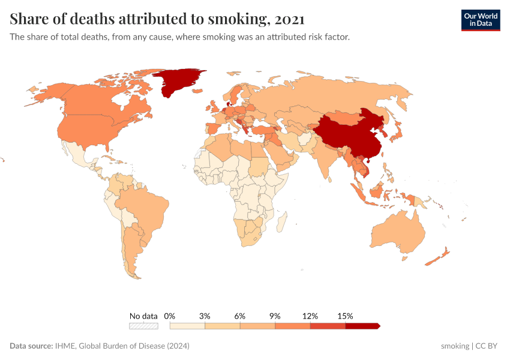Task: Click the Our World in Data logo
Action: click(481, 20)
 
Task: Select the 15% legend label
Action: click(346, 316)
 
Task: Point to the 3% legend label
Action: click(205, 316)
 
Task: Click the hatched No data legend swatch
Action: click(144, 326)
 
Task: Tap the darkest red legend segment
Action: click(362, 326)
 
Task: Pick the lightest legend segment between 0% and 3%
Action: click(187, 326)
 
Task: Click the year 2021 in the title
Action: click(287, 19)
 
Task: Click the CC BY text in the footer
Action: click(487, 346)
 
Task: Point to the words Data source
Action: click(31, 346)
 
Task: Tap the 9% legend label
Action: click(275, 316)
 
